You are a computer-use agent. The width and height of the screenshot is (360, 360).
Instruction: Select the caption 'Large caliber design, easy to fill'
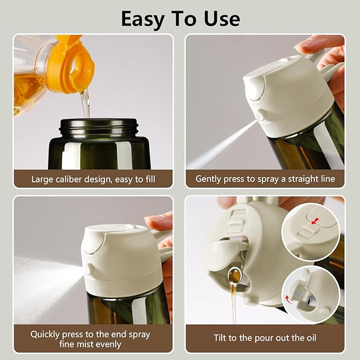coord(93,179)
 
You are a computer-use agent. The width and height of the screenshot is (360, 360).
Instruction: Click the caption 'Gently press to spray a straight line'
coord(265,179)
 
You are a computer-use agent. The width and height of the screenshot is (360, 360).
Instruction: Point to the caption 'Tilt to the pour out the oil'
coord(265,338)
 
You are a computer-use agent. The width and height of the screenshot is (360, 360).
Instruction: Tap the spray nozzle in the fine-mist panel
coord(86,270)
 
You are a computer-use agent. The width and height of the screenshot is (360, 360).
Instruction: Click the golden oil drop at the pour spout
coord(234,276)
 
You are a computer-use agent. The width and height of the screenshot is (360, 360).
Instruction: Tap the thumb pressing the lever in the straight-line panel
coord(318,45)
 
